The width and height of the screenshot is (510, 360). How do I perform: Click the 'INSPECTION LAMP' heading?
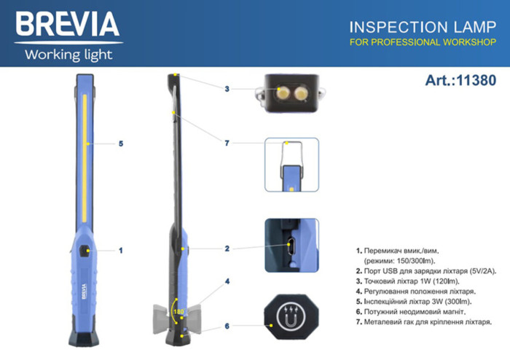412,26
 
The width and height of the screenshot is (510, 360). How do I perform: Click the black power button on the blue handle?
87,251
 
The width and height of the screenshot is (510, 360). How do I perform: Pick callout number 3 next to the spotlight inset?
227,89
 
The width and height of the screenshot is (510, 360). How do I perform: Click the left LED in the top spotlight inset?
281,93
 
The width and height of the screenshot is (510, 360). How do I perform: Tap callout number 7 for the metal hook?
227,144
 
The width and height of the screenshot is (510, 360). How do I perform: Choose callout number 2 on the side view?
227,249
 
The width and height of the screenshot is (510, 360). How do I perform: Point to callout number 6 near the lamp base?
227,326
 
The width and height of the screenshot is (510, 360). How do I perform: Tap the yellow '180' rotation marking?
177,312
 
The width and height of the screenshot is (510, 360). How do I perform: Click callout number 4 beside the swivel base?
227,281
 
